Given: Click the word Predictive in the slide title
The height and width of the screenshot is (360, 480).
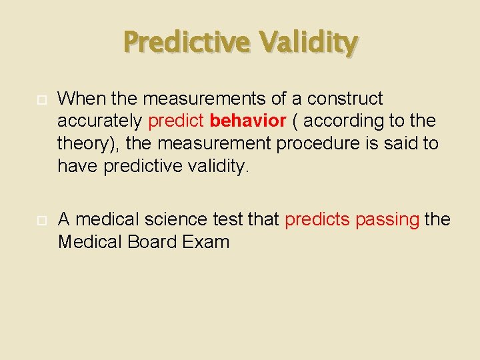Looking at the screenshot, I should (x=187, y=43).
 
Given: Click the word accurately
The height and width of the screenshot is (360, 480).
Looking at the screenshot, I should (x=99, y=121).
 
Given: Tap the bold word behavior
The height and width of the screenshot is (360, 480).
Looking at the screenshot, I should (x=247, y=121).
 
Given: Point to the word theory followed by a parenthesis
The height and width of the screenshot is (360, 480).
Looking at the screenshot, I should (x=86, y=143).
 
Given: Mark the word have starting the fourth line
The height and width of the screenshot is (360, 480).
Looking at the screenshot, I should (x=78, y=165).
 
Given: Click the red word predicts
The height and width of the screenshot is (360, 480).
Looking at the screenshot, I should (x=317, y=219).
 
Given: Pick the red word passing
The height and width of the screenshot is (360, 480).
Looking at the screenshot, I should (x=387, y=219).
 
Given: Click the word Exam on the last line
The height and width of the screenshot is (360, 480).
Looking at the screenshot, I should (x=208, y=241).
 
